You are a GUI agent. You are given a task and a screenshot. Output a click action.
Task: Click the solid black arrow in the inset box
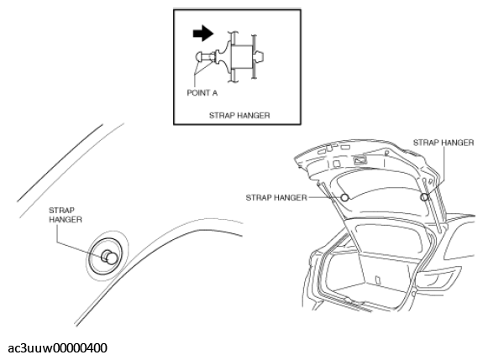203,33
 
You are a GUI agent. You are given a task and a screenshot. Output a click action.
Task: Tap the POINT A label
202,92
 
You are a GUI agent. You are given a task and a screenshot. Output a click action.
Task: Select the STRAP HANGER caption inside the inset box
239,116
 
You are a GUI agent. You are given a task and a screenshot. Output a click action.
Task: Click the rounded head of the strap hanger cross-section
199,57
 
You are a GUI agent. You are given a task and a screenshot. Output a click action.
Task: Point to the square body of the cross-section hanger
242,56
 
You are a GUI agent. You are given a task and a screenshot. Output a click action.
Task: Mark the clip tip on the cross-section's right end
259,57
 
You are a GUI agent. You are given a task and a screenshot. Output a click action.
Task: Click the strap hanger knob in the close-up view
109,257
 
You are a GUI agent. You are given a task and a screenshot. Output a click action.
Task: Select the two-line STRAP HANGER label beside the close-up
66,215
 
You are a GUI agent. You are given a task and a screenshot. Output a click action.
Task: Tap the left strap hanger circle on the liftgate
344,197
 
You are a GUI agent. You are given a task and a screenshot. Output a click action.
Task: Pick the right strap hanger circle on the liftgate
424,197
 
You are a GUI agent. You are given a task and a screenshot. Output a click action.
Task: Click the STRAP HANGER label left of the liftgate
276,197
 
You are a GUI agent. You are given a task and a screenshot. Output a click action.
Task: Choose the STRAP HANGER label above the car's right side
444,143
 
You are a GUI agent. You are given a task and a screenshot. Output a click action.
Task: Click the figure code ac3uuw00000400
58,348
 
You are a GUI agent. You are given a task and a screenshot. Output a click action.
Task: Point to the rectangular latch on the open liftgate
360,160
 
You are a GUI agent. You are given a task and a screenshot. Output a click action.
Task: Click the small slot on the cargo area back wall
377,279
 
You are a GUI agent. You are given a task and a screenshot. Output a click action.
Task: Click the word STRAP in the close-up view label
61,211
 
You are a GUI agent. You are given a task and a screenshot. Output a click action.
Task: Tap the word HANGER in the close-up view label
66,219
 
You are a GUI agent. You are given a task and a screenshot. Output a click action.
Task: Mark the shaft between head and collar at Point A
209,57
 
